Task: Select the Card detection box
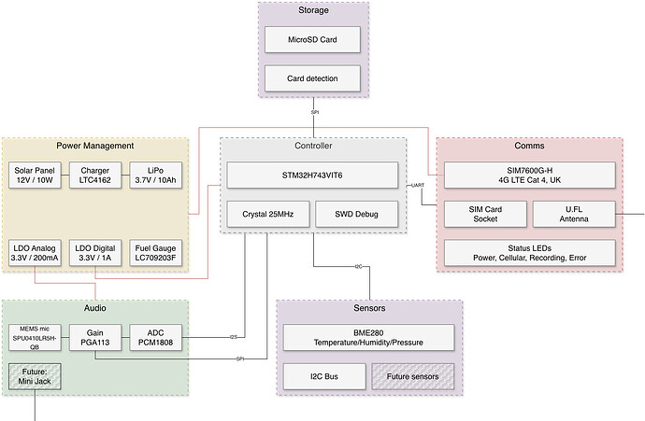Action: coord(314,78)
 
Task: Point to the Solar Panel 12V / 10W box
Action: coord(36,175)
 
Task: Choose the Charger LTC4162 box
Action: coord(94,175)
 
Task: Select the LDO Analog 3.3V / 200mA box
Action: coord(36,252)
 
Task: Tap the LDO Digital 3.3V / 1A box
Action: coord(94,252)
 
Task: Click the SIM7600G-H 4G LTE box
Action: coord(529,175)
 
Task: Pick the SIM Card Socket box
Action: coord(483,214)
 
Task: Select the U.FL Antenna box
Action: coord(574,214)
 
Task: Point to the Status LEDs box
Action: coord(529,252)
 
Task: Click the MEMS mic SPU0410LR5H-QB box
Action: coord(36,338)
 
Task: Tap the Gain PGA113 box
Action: coord(94,338)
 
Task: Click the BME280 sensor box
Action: coord(369,338)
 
